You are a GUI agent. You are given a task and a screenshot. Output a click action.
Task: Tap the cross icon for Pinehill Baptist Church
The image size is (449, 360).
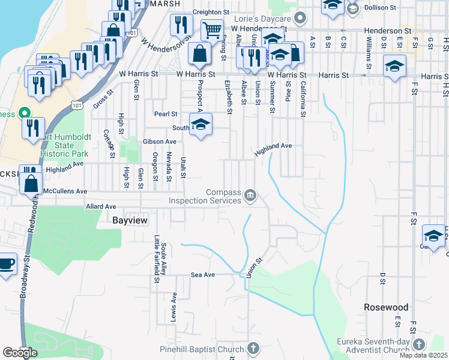point(253,349)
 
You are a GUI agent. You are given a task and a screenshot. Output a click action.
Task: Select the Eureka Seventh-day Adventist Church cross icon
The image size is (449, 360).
point(418,345)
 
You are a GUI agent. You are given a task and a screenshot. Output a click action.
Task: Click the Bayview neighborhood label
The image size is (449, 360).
point(130,221)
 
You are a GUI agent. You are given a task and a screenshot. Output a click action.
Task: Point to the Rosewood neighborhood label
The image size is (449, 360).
point(386,307)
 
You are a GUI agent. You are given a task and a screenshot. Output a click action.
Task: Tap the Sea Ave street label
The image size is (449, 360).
point(202,274)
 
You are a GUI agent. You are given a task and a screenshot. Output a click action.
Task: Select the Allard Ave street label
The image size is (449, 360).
point(101,206)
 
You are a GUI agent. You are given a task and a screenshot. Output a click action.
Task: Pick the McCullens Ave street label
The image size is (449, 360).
point(65,191)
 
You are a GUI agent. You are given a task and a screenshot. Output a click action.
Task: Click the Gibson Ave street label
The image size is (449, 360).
point(160,142)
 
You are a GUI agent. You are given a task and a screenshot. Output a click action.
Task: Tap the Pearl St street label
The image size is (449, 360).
point(166,113)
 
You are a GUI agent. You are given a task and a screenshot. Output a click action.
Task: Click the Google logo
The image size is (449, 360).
point(20,352)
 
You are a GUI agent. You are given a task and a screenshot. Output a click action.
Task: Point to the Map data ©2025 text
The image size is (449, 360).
point(424,355)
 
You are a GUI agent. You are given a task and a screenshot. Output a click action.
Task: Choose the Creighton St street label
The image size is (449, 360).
point(211,11)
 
